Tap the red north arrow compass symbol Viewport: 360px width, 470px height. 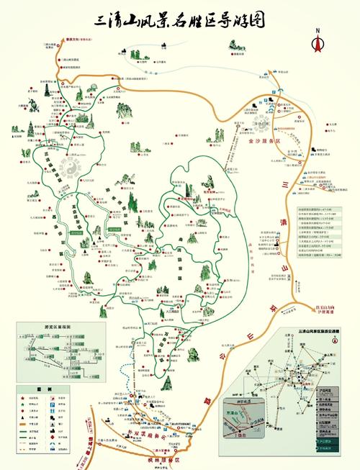pyautogui.click(x=316, y=42)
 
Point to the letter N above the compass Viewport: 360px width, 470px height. pyautogui.click(x=316, y=30)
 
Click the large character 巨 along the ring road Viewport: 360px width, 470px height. pyautogui.click(x=269, y=353)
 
